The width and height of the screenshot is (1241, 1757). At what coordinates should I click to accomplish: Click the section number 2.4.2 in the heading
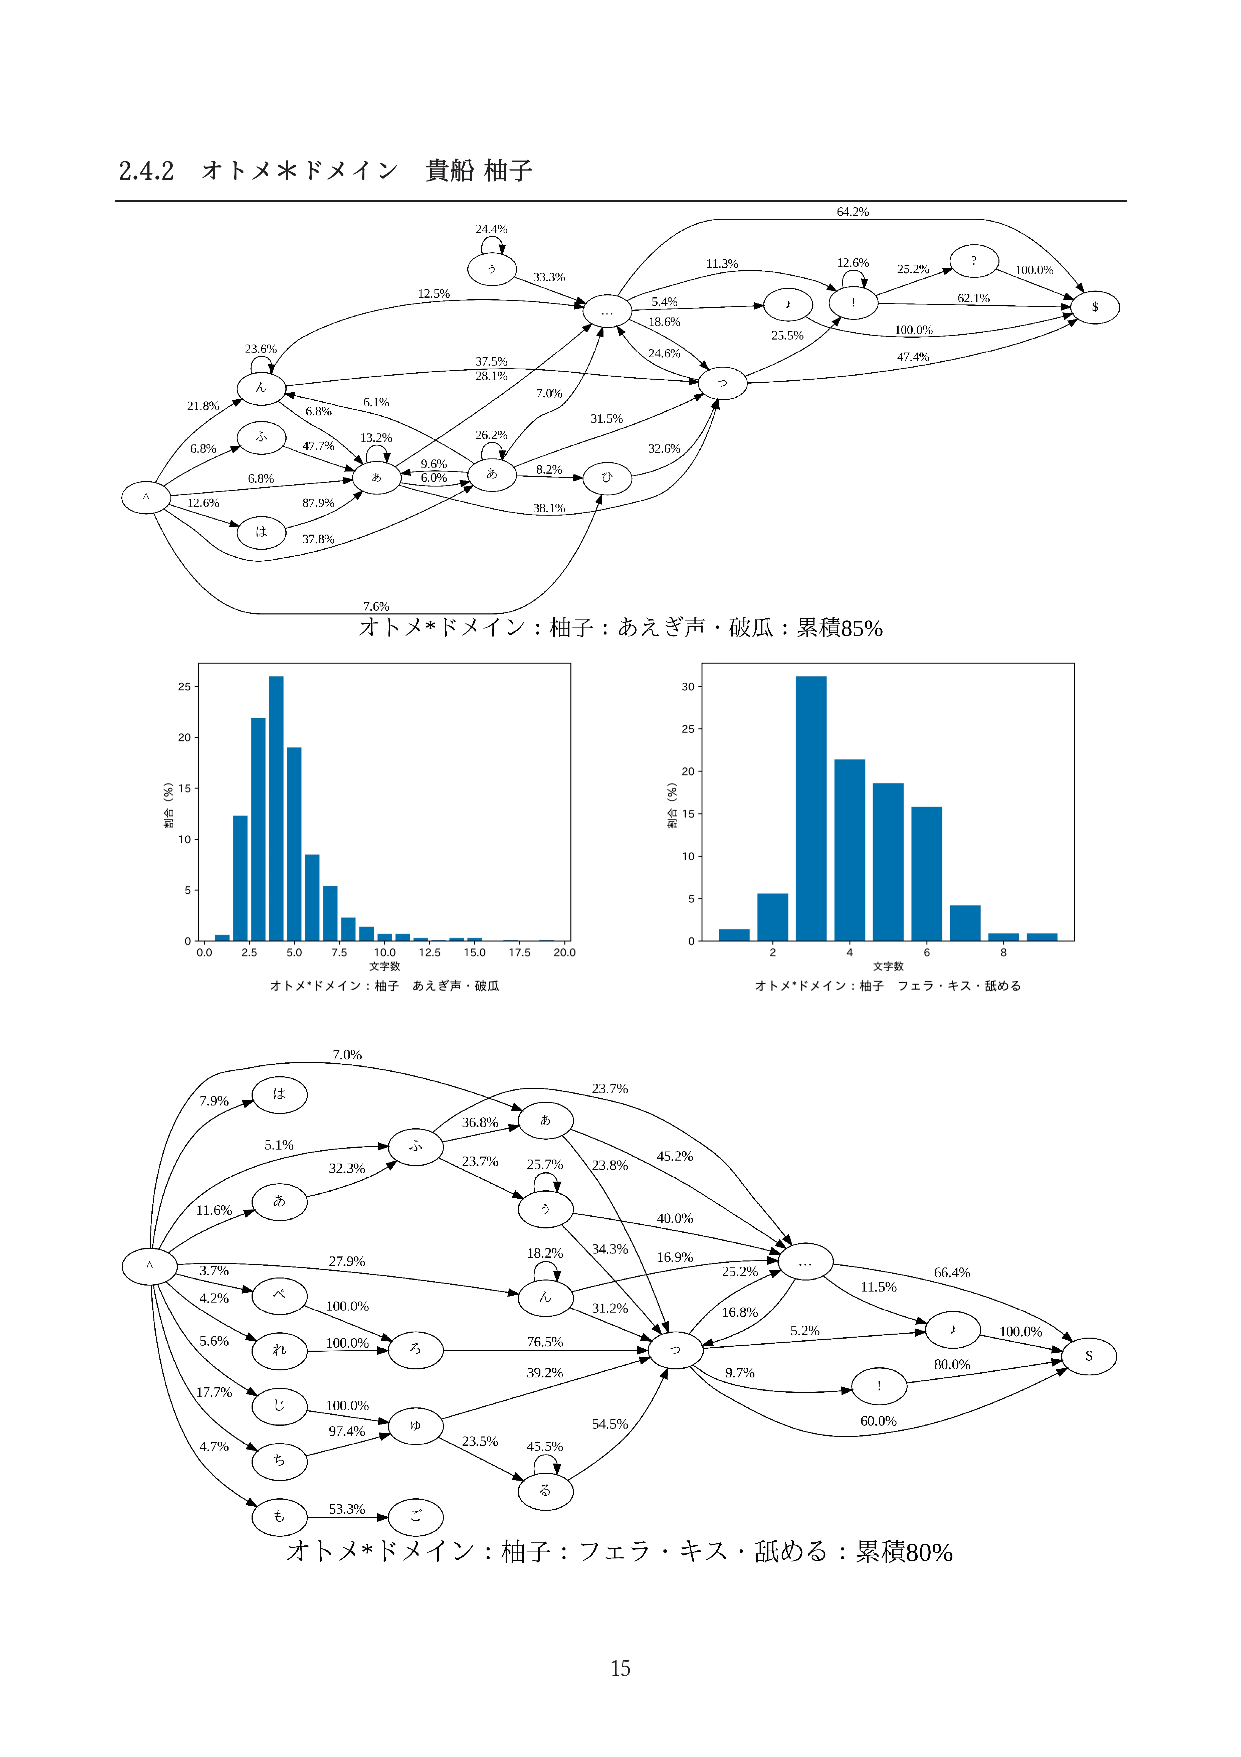(x=146, y=171)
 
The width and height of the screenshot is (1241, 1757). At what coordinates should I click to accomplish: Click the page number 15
(x=620, y=1668)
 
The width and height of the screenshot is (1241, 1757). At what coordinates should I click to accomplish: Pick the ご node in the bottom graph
(x=416, y=1517)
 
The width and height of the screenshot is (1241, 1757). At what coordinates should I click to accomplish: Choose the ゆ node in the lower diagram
(x=416, y=1425)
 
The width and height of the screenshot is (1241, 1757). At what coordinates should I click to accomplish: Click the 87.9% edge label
(x=318, y=503)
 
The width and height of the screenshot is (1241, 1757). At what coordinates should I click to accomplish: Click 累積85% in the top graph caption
(x=839, y=628)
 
